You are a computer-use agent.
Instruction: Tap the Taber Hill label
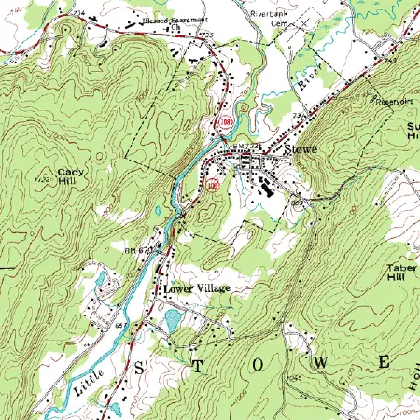tap(400, 273)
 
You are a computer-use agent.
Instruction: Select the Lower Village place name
tap(196, 289)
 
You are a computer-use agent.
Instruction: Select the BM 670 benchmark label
tap(138, 250)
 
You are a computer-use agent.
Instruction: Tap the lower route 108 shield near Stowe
tap(212, 185)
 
